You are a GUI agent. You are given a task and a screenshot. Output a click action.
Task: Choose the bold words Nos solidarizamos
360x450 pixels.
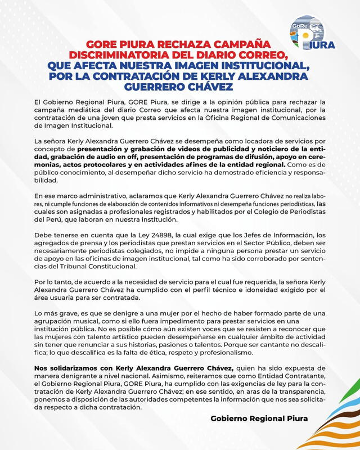(65, 367)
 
